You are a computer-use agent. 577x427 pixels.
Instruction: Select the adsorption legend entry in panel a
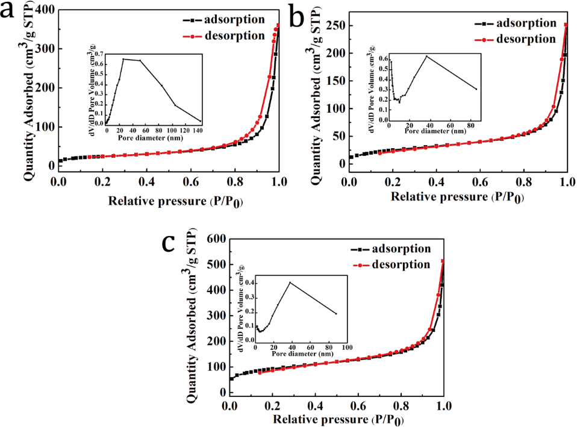point(234,19)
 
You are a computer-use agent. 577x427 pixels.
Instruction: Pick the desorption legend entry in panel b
point(526,39)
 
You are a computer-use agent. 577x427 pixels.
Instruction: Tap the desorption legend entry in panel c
point(402,264)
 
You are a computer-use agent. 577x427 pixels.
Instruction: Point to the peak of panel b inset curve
point(426,57)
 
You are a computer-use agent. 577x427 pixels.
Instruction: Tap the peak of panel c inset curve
point(290,282)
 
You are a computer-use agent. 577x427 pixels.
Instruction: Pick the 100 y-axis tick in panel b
point(337,108)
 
